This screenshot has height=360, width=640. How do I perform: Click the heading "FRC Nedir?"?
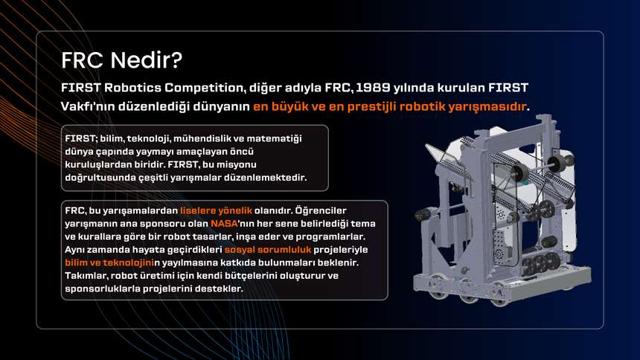[121, 60]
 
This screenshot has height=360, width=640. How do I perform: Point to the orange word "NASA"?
[224, 224]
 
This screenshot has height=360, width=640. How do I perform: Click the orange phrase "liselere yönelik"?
[216, 210]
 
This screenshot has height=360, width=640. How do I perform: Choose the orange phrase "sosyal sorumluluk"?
[268, 249]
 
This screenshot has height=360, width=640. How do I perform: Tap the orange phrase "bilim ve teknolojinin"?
[109, 263]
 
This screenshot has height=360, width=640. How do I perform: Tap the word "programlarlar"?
[330, 237]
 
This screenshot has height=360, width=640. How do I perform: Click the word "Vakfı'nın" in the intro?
[88, 106]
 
